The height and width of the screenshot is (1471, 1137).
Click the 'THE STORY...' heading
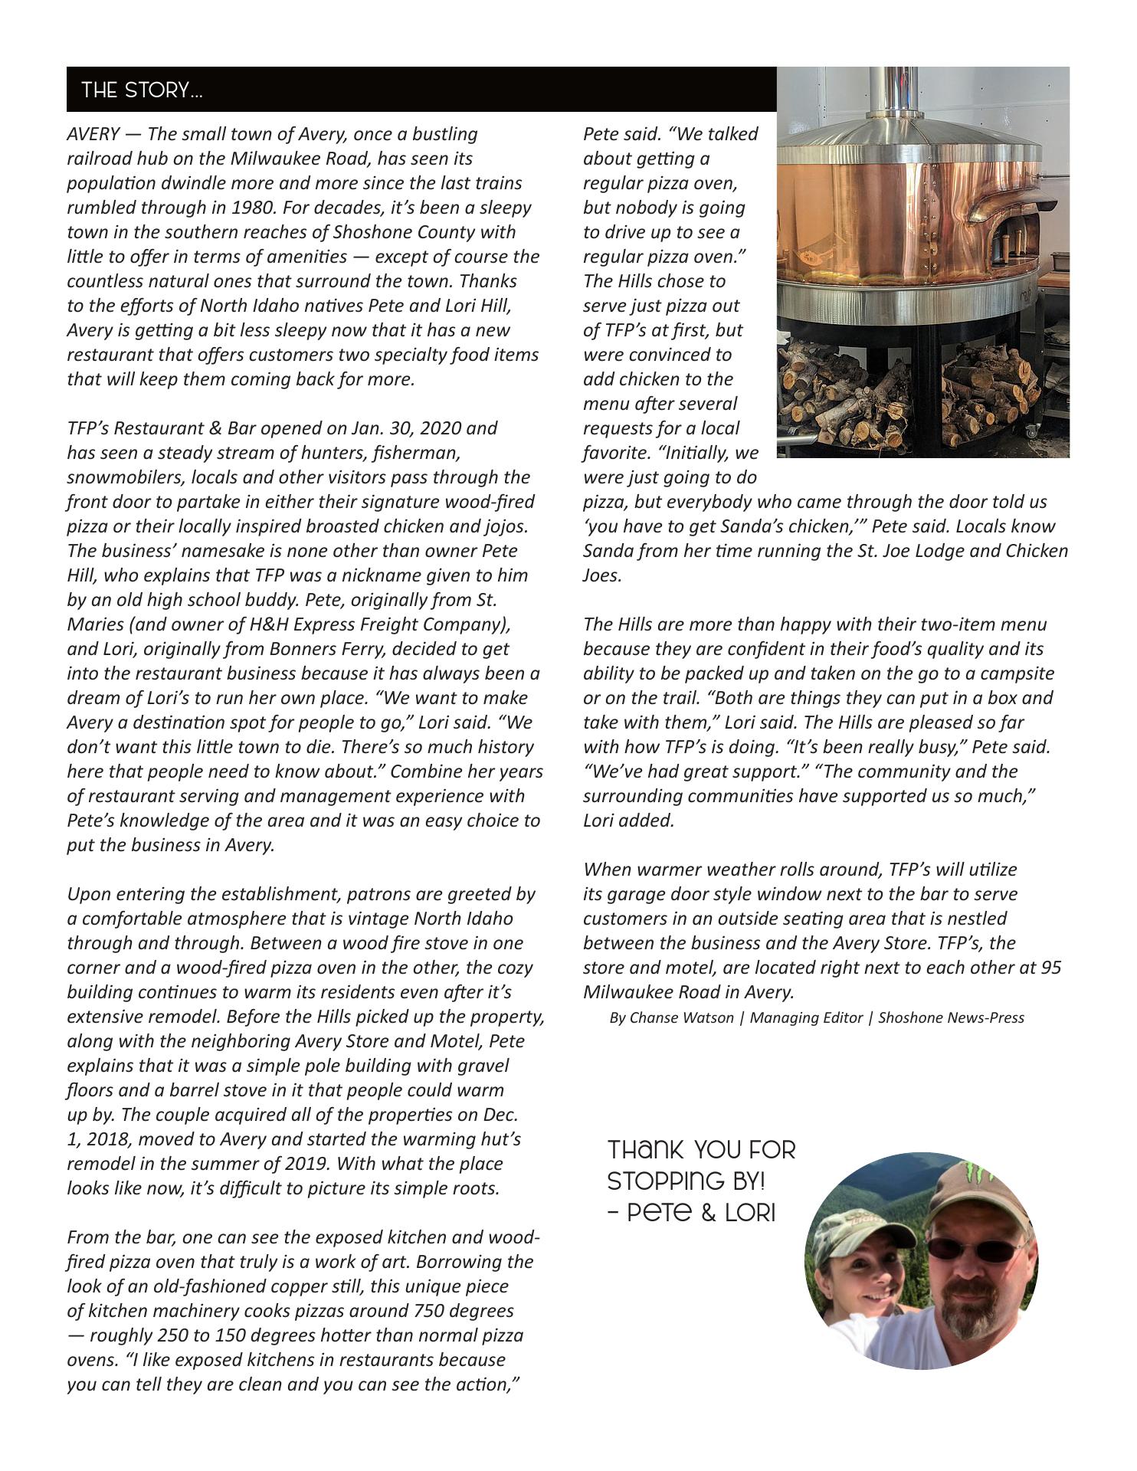click(x=142, y=90)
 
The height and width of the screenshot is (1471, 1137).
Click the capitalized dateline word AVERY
click(x=93, y=134)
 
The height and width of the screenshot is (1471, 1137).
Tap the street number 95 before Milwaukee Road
click(x=1051, y=968)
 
